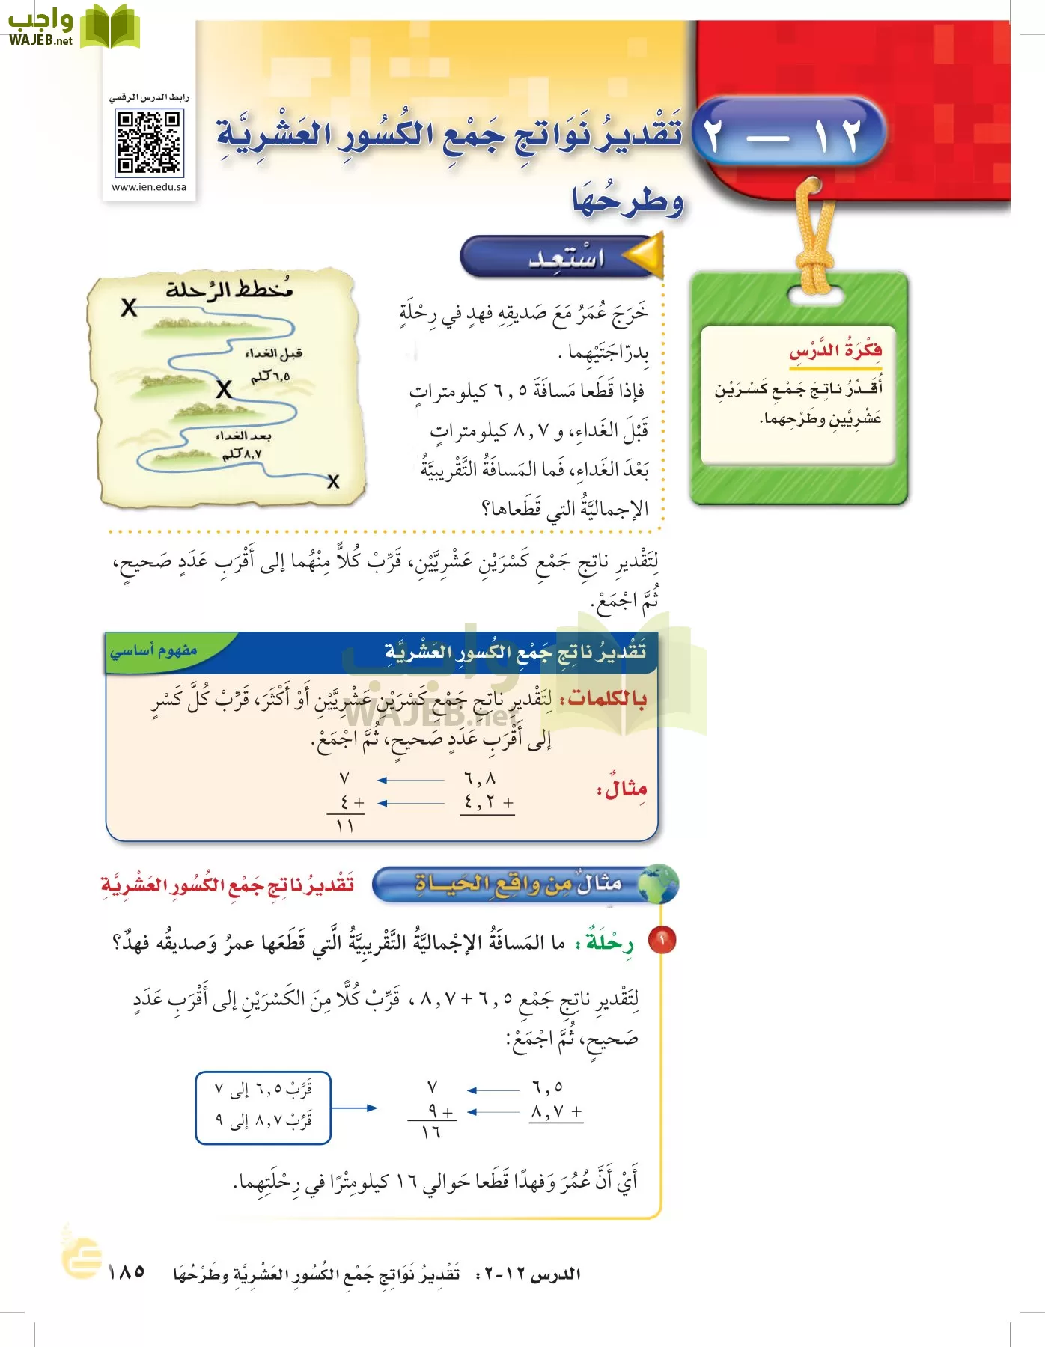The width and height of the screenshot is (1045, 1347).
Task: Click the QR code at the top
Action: point(149,142)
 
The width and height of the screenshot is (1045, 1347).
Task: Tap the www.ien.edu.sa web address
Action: point(149,187)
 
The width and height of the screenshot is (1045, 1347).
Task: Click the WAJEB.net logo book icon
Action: point(110,27)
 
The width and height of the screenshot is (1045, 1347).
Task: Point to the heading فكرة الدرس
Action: point(835,350)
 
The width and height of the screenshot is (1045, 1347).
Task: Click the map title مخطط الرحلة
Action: point(229,289)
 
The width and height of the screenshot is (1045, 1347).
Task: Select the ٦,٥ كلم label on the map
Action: point(270,376)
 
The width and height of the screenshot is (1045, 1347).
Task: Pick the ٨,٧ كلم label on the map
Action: point(242,453)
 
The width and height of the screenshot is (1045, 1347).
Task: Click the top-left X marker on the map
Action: point(129,308)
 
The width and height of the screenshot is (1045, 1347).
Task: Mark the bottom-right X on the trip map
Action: point(333,482)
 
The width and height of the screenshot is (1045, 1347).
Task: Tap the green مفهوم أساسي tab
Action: point(154,651)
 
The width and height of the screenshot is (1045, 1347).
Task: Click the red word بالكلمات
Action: point(607,698)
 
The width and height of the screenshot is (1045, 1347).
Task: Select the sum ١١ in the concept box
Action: point(344,826)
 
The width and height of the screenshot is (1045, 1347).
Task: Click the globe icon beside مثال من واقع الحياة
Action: point(659,884)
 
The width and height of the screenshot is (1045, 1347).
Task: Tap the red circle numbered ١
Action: point(662,940)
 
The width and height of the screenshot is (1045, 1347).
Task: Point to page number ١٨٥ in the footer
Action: point(126,1271)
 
